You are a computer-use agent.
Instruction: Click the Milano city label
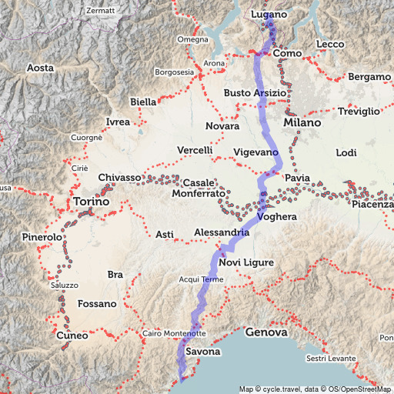click(x=301, y=122)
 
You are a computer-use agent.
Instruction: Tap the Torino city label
click(x=91, y=202)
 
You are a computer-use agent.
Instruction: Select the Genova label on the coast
click(x=265, y=332)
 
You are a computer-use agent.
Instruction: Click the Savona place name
click(x=203, y=352)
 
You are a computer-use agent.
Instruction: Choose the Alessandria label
click(x=222, y=232)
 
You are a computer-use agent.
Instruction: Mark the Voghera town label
click(x=277, y=217)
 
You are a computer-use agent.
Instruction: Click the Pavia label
click(x=297, y=179)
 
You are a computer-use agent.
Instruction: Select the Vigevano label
click(x=255, y=153)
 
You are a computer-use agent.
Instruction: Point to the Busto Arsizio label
click(x=255, y=92)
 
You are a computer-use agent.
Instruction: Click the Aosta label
click(x=40, y=68)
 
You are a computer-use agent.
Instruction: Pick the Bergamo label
click(x=369, y=77)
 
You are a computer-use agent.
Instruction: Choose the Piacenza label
click(x=372, y=204)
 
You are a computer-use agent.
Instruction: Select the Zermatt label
click(x=99, y=11)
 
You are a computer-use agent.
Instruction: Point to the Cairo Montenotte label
click(x=173, y=333)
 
